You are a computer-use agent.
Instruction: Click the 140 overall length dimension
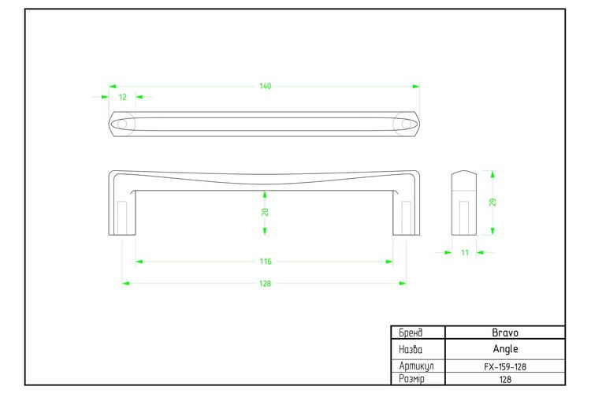point(265,87)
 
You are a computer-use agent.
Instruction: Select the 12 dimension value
point(122,97)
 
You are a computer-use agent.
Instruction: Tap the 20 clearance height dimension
point(265,212)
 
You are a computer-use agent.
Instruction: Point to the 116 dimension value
point(266,262)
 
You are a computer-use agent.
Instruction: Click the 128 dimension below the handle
point(265,284)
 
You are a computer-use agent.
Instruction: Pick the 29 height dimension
point(492,202)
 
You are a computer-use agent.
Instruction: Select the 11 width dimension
point(465,253)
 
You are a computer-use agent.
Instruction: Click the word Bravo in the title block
point(505,333)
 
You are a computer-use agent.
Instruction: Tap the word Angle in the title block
point(505,349)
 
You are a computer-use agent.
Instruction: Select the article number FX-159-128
point(505,366)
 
